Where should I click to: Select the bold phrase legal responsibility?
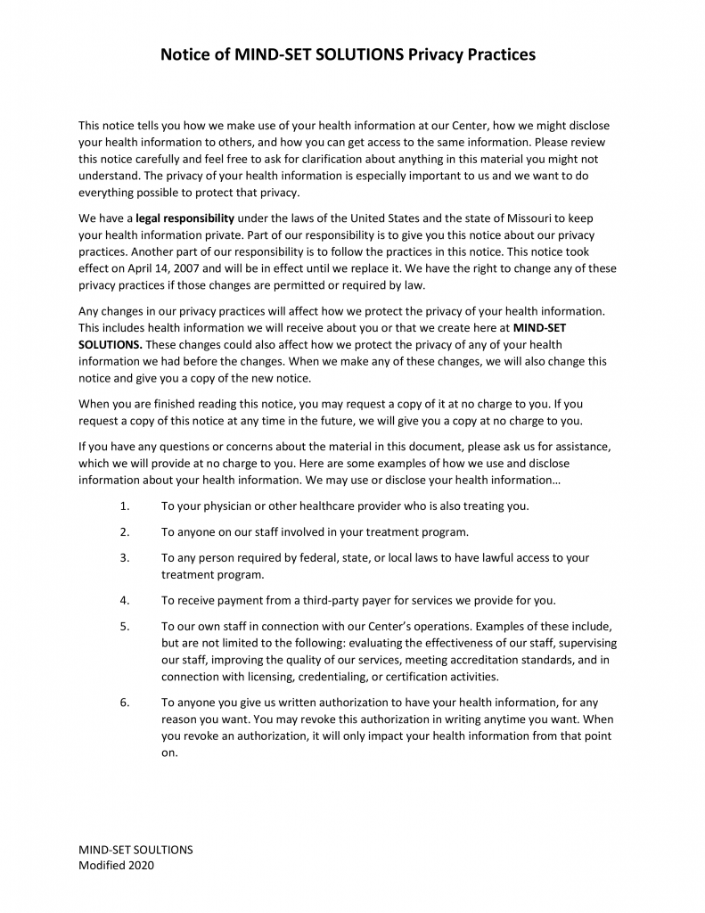[x=185, y=218]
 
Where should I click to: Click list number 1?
[x=124, y=506]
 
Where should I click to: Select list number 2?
[x=124, y=532]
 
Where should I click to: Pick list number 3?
[x=124, y=558]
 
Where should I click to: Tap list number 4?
[x=124, y=600]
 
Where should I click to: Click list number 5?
[x=124, y=627]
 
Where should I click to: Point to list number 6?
[x=124, y=703]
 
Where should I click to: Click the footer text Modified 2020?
[x=116, y=865]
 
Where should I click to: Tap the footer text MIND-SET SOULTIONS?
[x=135, y=850]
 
